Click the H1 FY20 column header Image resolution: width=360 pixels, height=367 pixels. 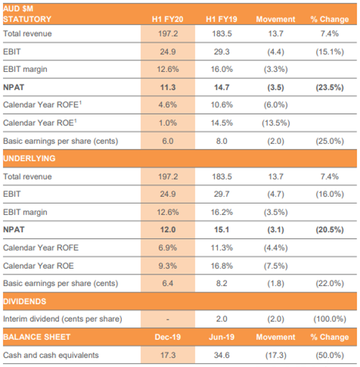[168, 19]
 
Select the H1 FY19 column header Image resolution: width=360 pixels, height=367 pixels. [221, 19]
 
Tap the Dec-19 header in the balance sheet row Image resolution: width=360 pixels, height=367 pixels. [168, 337]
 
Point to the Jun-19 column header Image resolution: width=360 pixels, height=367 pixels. [221, 337]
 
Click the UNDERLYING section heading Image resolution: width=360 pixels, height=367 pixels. [29, 158]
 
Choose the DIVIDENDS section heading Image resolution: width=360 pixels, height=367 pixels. [25, 301]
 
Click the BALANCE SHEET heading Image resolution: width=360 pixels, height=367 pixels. [36, 337]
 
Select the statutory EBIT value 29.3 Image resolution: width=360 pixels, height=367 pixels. [221, 52]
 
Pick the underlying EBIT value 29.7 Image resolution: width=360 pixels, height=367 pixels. [221, 194]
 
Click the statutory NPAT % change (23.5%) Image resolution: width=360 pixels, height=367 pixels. [330, 87]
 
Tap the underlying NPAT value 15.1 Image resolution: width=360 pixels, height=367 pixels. [221, 230]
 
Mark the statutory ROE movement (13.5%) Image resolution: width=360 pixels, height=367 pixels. [276, 123]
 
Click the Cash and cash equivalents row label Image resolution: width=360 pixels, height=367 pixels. [51, 355]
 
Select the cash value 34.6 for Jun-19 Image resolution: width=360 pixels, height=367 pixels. [221, 355]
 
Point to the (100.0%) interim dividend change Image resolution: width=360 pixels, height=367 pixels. [330, 319]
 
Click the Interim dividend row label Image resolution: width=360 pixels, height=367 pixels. [62, 319]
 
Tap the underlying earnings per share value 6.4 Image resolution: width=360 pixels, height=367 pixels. [168, 283]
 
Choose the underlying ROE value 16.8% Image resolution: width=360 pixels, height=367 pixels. [221, 266]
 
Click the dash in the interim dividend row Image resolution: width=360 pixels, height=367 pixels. [168, 319]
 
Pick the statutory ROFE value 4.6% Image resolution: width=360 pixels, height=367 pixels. [168, 105]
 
